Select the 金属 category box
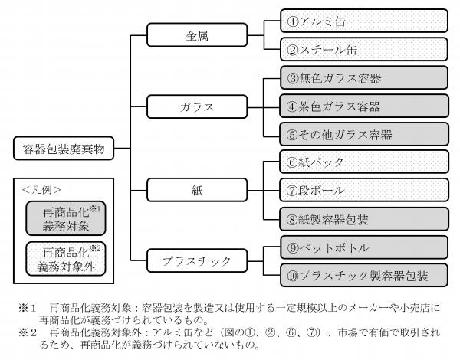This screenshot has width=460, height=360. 190,35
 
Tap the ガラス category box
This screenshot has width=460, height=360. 190,106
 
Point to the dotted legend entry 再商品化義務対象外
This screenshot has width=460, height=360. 65,259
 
